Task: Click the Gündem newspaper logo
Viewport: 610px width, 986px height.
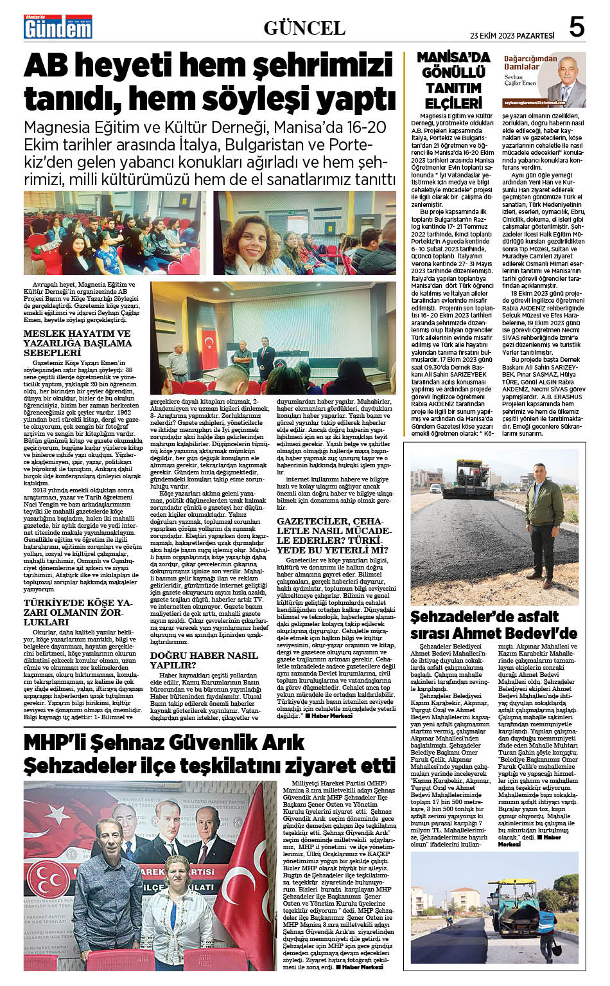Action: point(58,28)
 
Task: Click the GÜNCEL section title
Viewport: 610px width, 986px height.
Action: point(304,28)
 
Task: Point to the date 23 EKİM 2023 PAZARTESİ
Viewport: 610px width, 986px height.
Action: point(512,35)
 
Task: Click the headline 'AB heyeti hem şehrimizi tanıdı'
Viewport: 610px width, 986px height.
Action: point(209,83)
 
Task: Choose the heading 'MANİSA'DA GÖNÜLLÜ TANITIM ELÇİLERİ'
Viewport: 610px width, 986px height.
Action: point(453,80)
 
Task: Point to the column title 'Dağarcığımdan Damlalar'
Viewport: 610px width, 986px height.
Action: point(521,62)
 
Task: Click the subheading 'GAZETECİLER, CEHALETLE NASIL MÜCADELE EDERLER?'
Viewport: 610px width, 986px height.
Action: point(333,535)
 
